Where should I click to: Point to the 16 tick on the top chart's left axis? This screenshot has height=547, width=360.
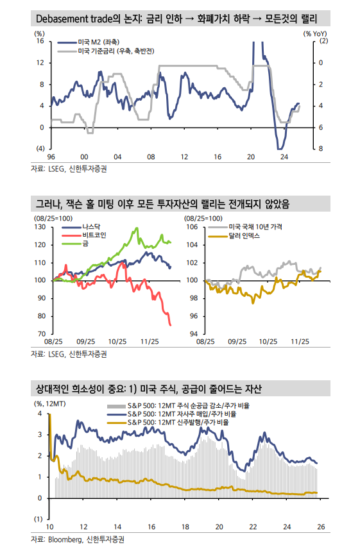point(39,41)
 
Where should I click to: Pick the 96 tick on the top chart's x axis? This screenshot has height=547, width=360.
point(51,157)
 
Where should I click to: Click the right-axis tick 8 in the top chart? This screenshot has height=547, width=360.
point(321,149)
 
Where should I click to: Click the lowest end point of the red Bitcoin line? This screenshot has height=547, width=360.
point(171,325)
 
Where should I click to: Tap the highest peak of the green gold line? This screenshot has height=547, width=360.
point(136,228)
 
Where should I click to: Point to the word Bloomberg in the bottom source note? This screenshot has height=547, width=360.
point(66,539)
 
